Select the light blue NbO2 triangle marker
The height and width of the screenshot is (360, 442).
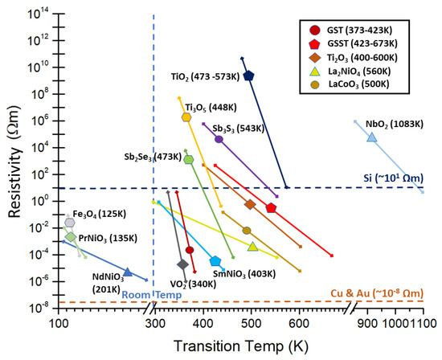coord(371,137)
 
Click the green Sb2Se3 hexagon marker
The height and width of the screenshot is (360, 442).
coord(189,159)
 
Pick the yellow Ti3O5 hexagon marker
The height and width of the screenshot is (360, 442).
coord(186,117)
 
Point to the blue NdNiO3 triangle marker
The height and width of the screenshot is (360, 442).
coord(127,272)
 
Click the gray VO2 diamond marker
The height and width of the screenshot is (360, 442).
coord(182,264)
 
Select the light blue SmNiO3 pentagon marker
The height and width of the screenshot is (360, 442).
coord(215,261)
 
